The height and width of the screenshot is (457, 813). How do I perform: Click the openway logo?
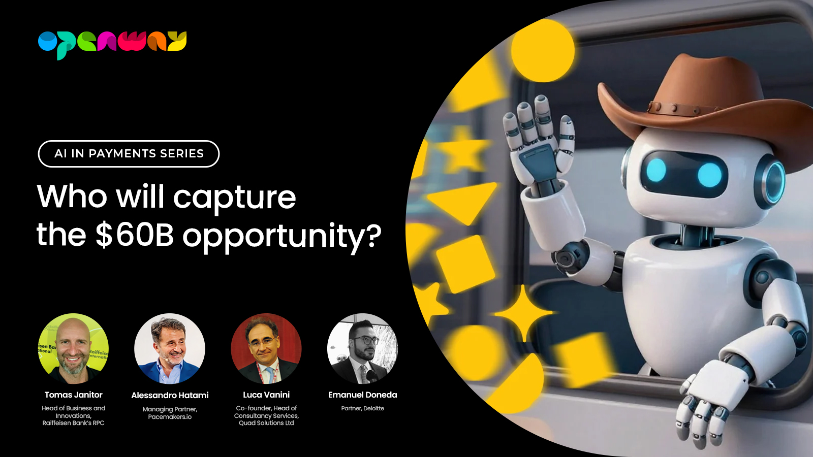coord(112,45)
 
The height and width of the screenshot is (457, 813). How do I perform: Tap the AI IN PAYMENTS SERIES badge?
coord(129,154)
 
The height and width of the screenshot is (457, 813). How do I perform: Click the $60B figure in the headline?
coord(135,235)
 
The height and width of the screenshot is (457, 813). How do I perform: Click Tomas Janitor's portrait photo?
coord(73,348)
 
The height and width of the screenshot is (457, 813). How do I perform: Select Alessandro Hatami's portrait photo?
coord(170,348)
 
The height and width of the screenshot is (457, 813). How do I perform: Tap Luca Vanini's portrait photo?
coord(266,348)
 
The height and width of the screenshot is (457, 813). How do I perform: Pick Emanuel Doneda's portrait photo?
coord(363,348)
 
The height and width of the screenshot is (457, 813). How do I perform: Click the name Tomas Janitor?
coord(73,395)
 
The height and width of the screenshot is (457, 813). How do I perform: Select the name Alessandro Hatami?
coord(170,395)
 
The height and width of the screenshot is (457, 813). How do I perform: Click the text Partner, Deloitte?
coord(363,408)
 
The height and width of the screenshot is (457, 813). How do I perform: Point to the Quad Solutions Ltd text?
coord(266,423)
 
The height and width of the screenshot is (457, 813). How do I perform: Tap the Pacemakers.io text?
coord(170,417)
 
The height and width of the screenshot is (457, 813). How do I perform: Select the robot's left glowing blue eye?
coord(656,170)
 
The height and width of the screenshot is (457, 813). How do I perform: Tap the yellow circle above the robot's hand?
coord(543,51)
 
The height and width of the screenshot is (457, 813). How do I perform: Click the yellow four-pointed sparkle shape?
coord(523,313)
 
